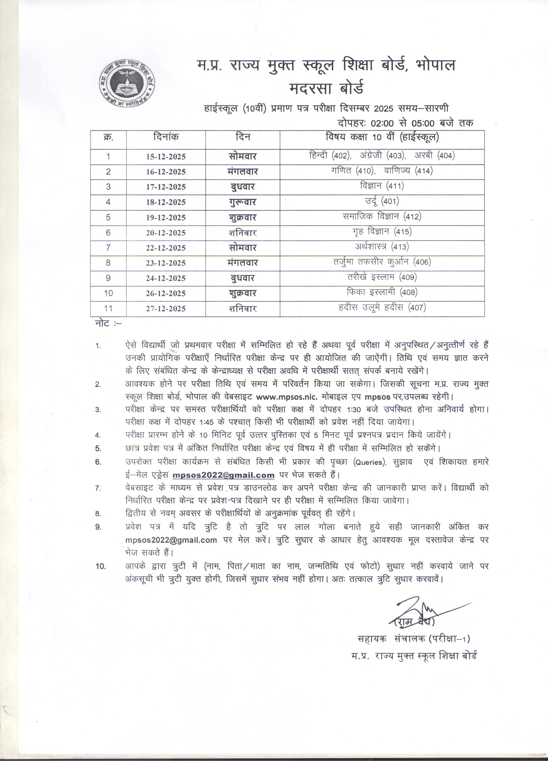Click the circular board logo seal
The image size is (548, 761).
[126, 84]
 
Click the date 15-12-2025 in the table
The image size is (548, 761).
[166, 157]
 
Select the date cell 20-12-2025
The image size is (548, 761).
[166, 233]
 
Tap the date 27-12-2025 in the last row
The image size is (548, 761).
[166, 309]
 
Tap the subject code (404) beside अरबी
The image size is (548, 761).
[446, 156]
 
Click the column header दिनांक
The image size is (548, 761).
[166, 137]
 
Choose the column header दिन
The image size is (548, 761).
[243, 137]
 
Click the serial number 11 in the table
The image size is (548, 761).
[108, 308]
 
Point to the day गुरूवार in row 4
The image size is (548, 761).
[243, 202]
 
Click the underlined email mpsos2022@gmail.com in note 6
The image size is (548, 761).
[223, 475]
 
